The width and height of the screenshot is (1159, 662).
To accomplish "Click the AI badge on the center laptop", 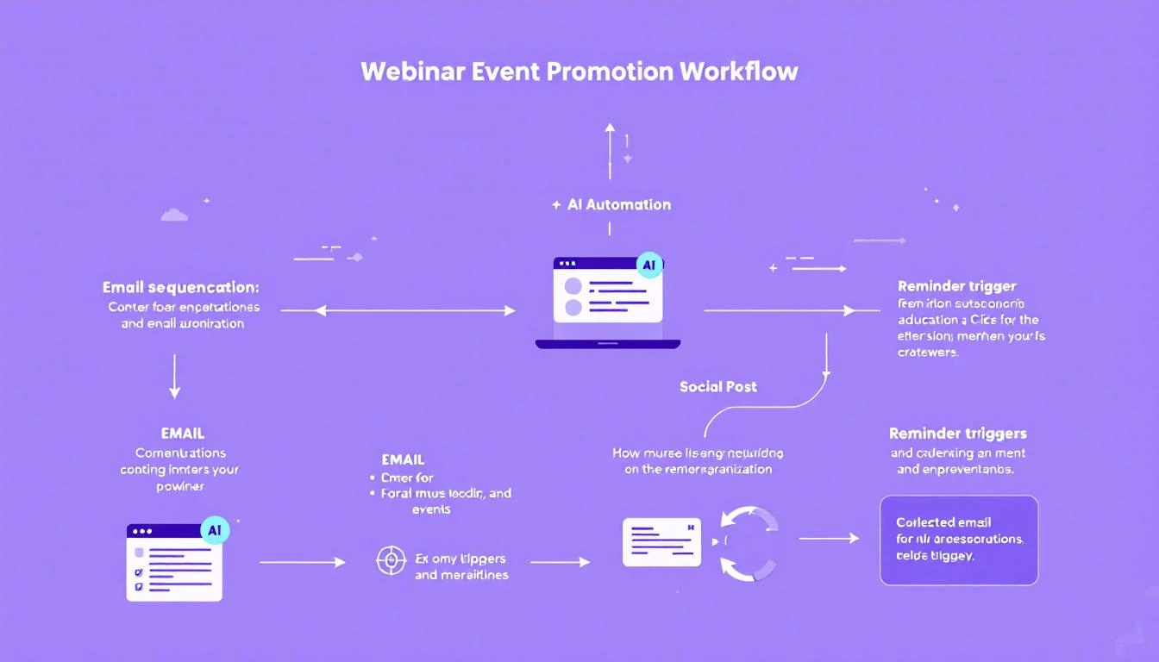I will pos(648,266).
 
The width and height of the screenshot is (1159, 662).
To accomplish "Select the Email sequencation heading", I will pos(180,287).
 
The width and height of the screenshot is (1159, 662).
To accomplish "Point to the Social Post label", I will pos(717,386).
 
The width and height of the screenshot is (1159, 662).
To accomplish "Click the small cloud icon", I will pos(174,215).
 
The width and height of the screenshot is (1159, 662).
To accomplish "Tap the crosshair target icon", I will pos(391,560).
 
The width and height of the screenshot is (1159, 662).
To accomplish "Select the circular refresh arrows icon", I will pos(749,543).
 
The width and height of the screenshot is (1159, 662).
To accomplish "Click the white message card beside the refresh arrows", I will pos(661,542).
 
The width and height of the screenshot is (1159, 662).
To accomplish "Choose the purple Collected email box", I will pos(958,540).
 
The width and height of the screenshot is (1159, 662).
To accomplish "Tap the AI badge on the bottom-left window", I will pos(214,531).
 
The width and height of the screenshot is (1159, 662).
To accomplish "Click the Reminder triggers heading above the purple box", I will pos(957,434).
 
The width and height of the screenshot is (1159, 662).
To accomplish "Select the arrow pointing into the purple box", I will pos(829,539).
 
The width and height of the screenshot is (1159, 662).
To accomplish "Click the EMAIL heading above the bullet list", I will pos(403,459).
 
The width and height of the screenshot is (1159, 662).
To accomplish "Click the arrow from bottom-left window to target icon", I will pos(302,562).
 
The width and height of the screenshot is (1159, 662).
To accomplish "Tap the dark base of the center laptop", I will pos(608,344).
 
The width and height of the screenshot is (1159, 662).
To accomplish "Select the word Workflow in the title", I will pos(738,71).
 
